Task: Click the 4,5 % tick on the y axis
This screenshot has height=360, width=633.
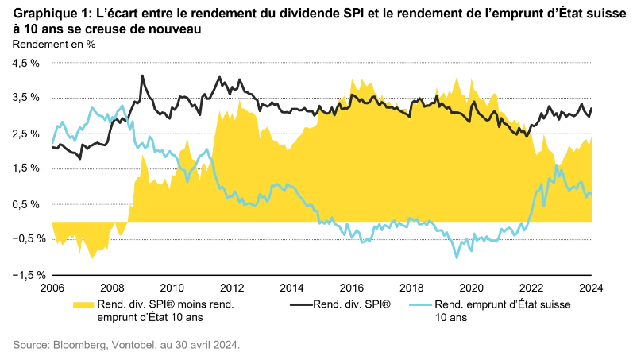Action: [27, 62]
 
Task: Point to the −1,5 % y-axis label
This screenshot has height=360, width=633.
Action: [25, 274]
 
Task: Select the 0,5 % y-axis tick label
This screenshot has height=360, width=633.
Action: [27, 203]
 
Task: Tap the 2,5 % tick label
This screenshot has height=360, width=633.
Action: [27, 133]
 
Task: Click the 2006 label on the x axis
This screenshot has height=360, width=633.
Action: [52, 288]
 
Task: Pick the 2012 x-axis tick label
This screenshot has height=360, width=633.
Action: [232, 288]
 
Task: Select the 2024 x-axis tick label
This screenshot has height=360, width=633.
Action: [591, 288]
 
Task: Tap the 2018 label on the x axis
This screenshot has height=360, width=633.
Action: [411, 288]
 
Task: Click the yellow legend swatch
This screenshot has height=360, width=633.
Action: [82, 304]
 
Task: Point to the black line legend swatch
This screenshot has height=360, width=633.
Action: [300, 304]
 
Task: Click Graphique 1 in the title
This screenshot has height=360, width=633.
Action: [49, 14]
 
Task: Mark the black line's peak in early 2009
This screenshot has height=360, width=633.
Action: [142, 75]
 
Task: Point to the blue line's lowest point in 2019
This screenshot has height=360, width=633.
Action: [457, 257]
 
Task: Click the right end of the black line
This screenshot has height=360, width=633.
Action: [591, 109]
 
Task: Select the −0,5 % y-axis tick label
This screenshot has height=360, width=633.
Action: [25, 238]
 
